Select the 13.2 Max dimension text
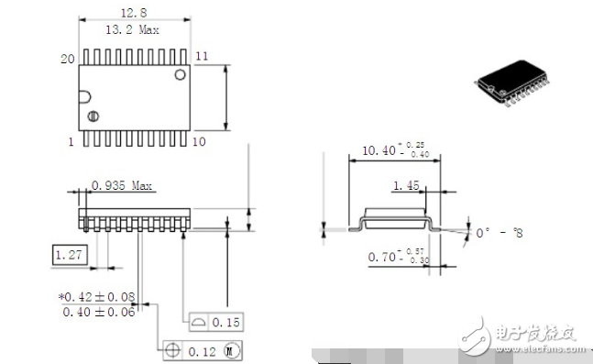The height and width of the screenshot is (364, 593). [135, 29]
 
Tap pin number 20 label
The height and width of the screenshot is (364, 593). [67, 58]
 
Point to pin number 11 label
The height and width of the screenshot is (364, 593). [202, 56]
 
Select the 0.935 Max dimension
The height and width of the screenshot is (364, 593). [121, 185]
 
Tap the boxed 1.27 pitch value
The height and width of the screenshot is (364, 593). [70, 254]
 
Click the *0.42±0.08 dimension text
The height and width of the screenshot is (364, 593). [96, 296]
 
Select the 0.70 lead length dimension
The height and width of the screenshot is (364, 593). [384, 258]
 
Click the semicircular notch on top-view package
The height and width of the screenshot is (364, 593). [84, 95]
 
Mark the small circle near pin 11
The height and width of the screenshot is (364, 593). [181, 73]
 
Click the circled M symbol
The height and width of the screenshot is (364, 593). [230, 350]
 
